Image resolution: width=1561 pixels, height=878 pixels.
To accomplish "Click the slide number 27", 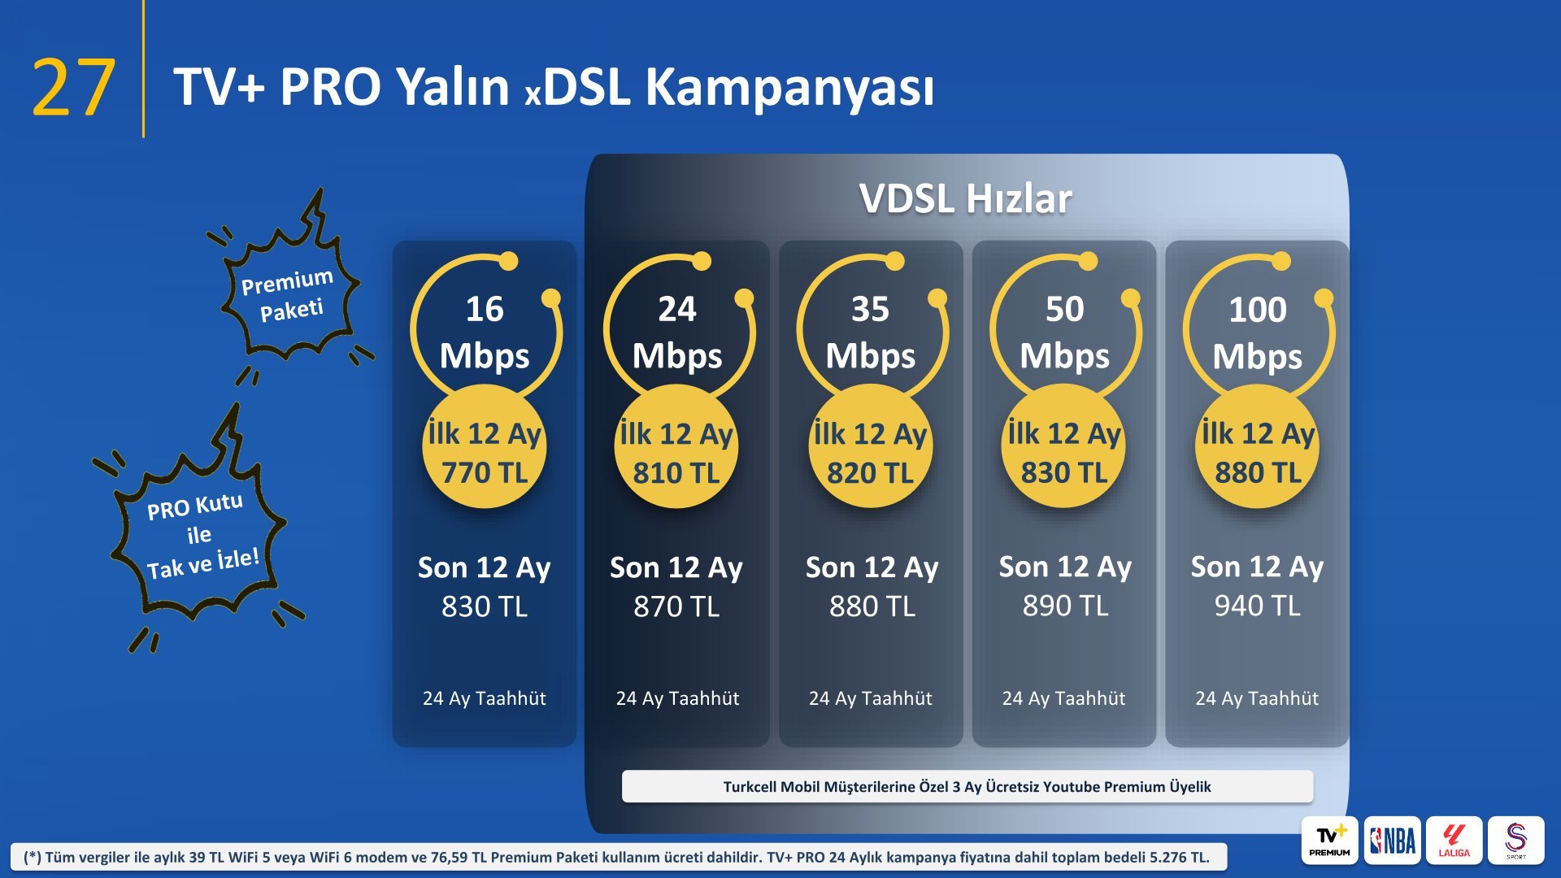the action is click(73, 88).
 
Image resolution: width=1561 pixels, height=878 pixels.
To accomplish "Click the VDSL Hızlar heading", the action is click(966, 198).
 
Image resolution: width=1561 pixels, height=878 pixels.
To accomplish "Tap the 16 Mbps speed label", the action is click(485, 332).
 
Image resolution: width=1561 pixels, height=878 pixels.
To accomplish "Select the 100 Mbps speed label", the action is click(1257, 332).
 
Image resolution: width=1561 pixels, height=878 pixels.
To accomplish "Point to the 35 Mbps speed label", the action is click(870, 332).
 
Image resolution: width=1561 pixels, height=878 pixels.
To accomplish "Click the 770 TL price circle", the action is click(485, 448).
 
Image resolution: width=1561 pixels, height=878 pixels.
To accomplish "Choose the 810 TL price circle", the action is click(676, 448).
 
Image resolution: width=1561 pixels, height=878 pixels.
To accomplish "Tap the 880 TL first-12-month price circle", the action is click(1257, 448).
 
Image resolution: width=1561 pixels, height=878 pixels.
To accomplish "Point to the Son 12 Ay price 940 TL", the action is click(1257, 606).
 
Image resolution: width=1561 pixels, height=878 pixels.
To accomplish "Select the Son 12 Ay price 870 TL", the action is click(676, 606).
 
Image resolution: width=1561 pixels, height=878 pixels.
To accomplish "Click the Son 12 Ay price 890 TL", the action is click(1065, 606).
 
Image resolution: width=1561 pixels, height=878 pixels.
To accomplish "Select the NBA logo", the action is click(1392, 840).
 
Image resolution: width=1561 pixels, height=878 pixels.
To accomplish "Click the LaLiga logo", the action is click(1454, 840).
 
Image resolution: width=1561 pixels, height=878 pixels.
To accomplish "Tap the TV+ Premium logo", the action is click(1329, 840).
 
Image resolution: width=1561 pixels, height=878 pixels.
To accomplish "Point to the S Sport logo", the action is click(1515, 840).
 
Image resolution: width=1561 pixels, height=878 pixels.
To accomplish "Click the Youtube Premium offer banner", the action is click(967, 786).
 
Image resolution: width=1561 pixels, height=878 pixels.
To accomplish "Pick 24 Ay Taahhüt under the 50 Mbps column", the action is click(1063, 698).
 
